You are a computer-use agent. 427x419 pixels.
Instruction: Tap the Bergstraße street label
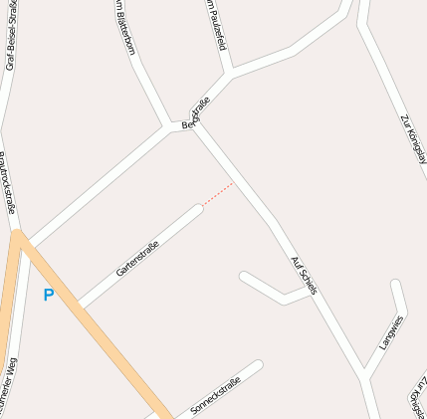pyautogui.click(x=196, y=112)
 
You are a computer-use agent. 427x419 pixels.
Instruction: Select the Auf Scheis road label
pyautogui.click(x=304, y=276)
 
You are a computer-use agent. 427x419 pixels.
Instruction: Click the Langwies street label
pyautogui.click(x=391, y=333)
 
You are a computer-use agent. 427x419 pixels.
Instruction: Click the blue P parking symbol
pyautogui.click(x=48, y=295)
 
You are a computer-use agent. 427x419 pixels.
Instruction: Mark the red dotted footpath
pyautogui.click(x=219, y=193)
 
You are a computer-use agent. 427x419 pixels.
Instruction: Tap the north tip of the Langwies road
pyautogui.click(x=396, y=285)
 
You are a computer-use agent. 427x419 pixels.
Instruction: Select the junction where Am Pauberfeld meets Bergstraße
pyautogui.click(x=231, y=73)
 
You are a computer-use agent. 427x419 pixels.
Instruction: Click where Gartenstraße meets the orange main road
pyautogui.click(x=80, y=304)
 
